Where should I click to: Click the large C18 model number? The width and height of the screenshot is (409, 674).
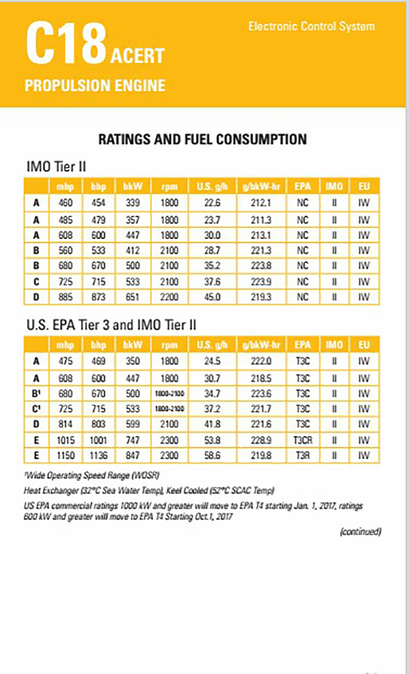67,44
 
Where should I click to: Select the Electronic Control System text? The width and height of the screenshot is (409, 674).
311,26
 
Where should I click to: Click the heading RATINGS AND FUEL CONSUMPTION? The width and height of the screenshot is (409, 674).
203,139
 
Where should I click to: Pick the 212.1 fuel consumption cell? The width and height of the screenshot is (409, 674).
261,203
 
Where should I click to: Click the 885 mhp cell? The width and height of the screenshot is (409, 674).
65,297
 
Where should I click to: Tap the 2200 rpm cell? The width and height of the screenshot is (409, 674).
169,297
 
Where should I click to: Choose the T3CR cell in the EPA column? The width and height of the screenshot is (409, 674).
302,440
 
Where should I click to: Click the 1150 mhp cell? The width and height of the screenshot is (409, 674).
65,456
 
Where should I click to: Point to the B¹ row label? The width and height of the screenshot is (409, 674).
36,393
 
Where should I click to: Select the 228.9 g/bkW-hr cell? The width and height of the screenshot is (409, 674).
261,440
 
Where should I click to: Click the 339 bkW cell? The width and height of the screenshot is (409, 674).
132,203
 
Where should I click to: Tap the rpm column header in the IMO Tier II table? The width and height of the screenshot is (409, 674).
169,187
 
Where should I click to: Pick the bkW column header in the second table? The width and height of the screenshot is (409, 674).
132,345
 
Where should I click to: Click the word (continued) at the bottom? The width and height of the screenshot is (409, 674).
360,532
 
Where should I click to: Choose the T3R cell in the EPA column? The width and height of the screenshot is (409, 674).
302,456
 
